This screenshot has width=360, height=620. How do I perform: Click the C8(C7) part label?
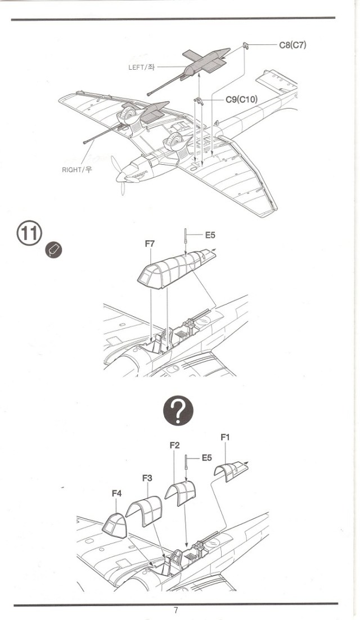coord(292,45)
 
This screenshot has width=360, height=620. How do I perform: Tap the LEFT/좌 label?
coord(141,67)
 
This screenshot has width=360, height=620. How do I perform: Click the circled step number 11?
coord(29,233)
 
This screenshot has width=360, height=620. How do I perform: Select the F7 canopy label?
coord(150,244)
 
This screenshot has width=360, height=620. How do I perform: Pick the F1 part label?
coord(225,437)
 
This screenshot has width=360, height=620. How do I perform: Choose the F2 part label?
coord(174,445)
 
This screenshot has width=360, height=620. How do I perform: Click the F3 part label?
coord(147,478)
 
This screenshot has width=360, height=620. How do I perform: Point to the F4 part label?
coord(116,493)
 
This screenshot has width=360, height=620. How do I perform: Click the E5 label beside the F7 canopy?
coord(210,235)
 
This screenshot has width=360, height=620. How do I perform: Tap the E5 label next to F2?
coord(206,458)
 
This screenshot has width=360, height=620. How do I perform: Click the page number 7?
coord(176,610)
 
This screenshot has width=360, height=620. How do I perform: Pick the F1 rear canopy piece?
coord(231,470)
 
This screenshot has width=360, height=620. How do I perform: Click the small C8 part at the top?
coord(246,44)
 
